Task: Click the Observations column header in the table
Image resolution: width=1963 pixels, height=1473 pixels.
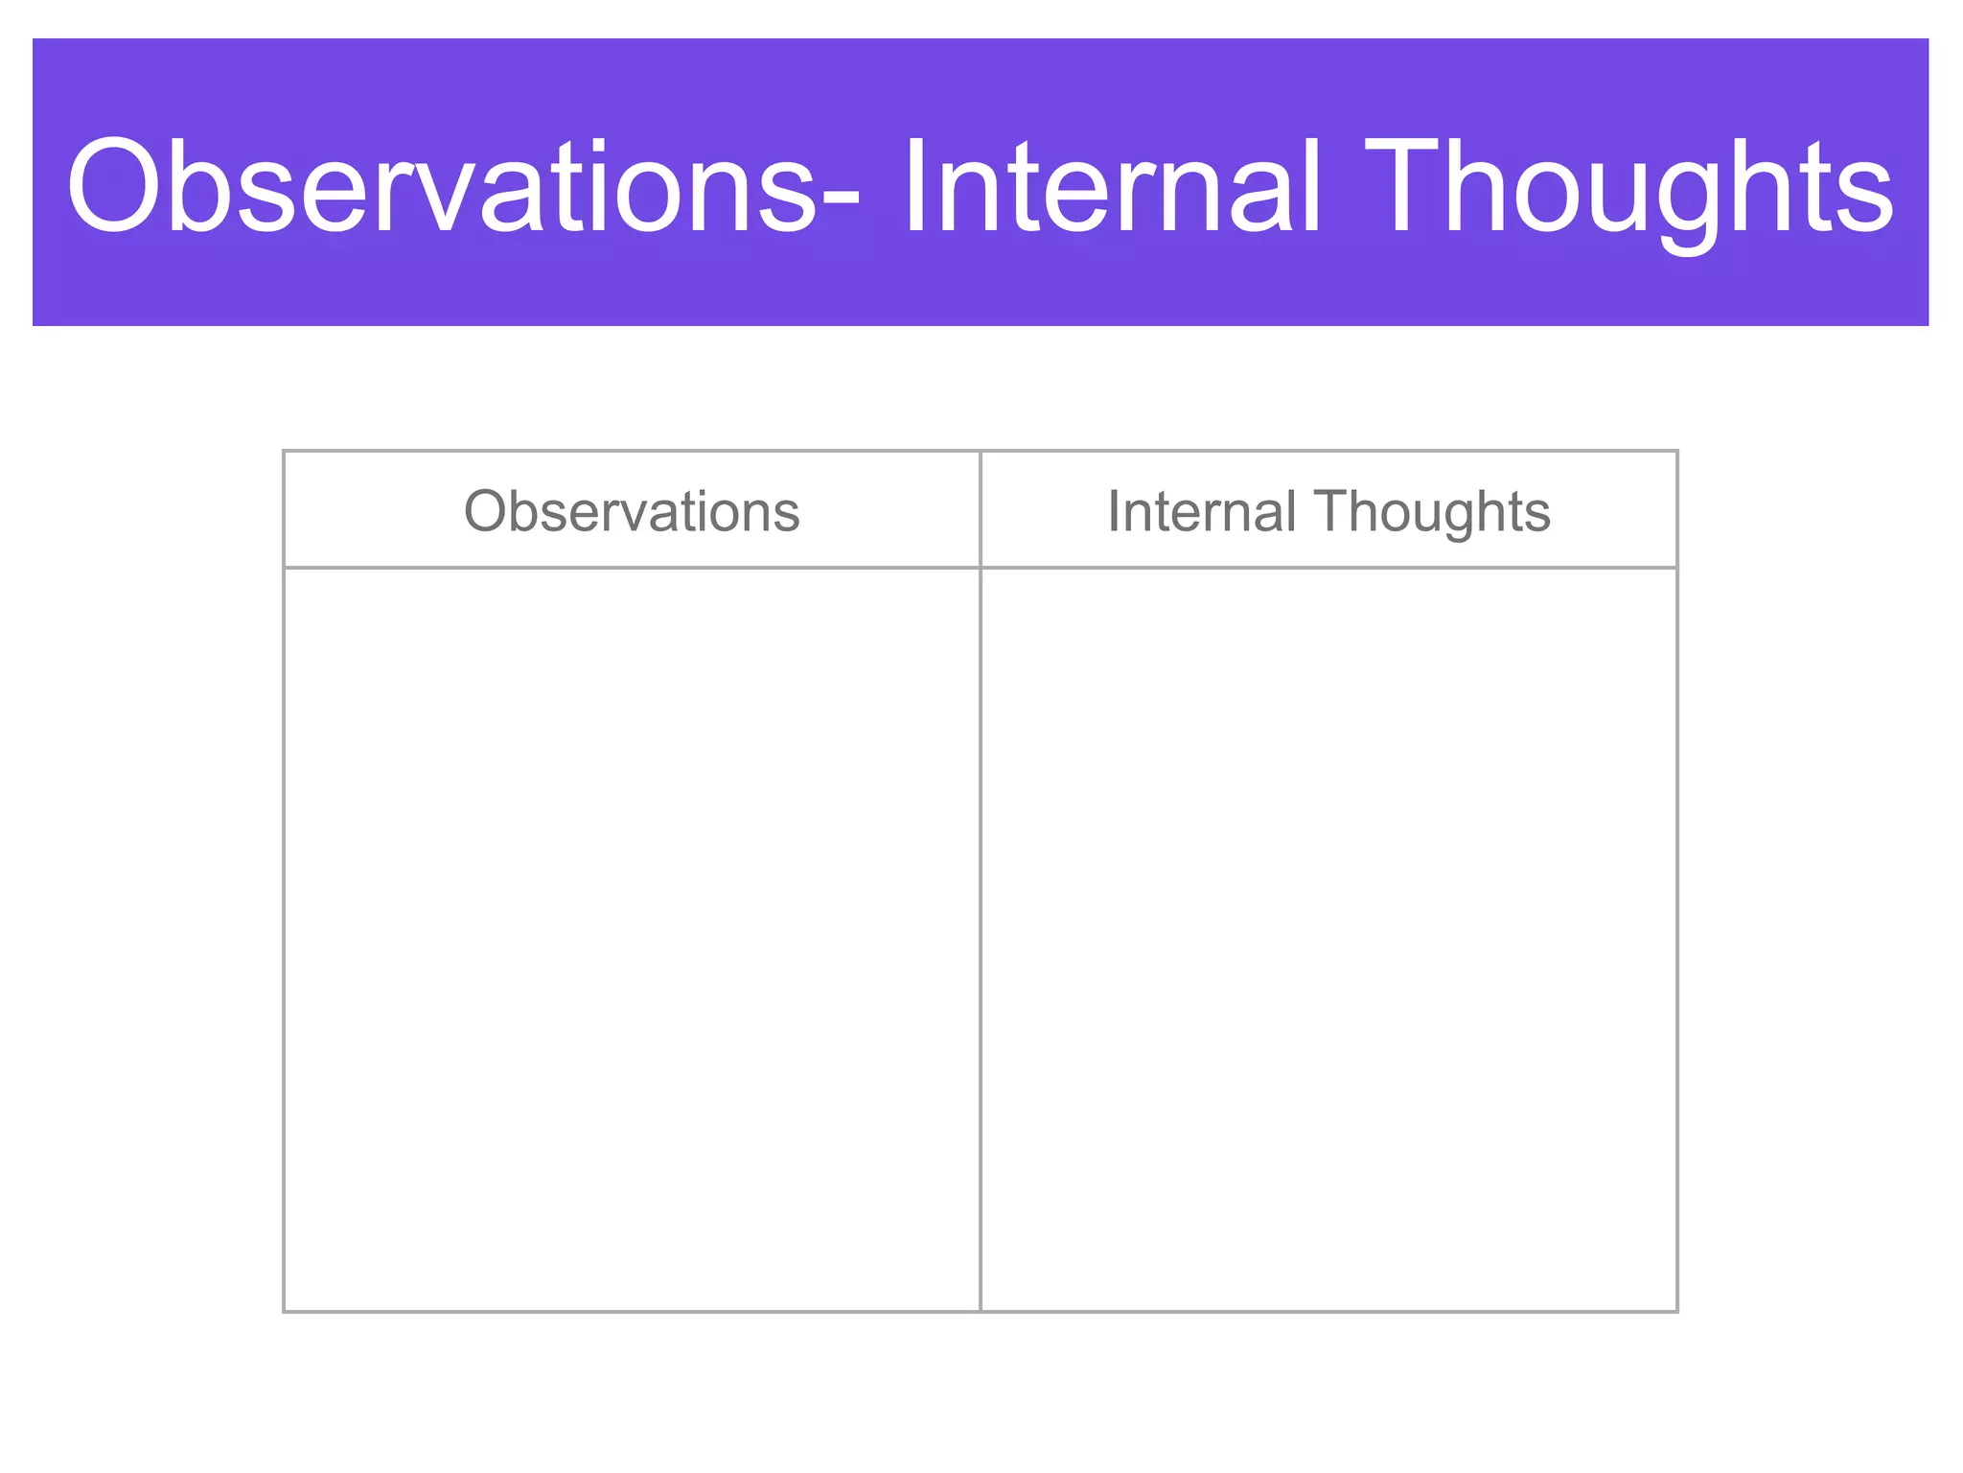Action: click(632, 510)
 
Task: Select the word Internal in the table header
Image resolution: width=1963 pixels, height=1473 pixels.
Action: click(1201, 510)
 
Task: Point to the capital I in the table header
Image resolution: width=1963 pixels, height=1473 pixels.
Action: click(1114, 510)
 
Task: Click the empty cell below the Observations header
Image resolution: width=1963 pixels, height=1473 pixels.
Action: click(632, 939)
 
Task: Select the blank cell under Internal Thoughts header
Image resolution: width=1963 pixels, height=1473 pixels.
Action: click(1328, 939)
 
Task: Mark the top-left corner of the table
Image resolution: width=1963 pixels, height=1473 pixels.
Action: click(284, 451)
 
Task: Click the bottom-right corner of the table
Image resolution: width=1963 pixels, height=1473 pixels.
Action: click(1677, 1311)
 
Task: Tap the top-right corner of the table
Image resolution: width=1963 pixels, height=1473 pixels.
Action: click(1677, 451)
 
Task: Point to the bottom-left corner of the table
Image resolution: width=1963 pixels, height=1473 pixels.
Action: click(284, 1311)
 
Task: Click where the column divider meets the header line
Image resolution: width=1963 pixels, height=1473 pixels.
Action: click(981, 568)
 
